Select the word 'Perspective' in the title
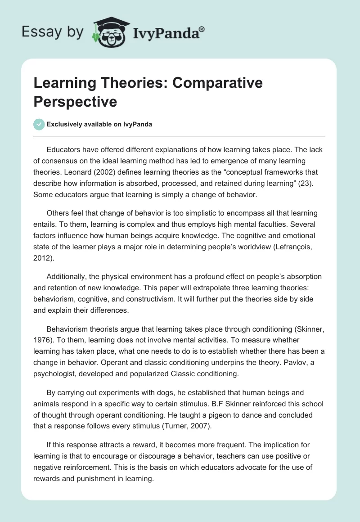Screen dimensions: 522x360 [75, 101]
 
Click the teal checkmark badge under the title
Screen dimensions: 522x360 [39, 124]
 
